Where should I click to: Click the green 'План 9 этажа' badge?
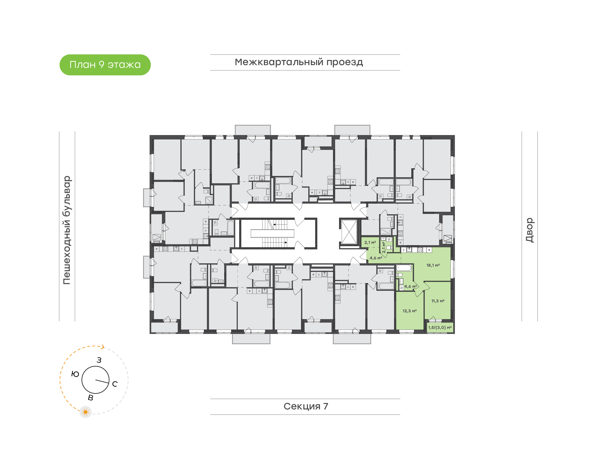tap(105, 65)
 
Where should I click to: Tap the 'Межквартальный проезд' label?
tap(299, 62)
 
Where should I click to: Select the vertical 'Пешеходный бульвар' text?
tap(67, 230)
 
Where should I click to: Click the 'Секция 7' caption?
tap(306, 406)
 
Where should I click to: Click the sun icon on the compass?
tap(85, 412)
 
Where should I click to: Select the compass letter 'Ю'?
tap(75, 374)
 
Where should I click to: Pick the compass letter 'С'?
tap(115, 384)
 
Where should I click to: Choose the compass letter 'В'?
tap(90, 398)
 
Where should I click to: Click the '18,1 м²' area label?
tap(433, 265)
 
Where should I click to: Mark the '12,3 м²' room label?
tap(409, 311)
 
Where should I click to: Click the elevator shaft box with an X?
tap(349, 232)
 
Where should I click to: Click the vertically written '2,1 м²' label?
tap(384, 247)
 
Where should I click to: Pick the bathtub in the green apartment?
tap(403, 268)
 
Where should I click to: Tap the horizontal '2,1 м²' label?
tap(370, 242)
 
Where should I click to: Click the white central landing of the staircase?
tap(272, 233)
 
